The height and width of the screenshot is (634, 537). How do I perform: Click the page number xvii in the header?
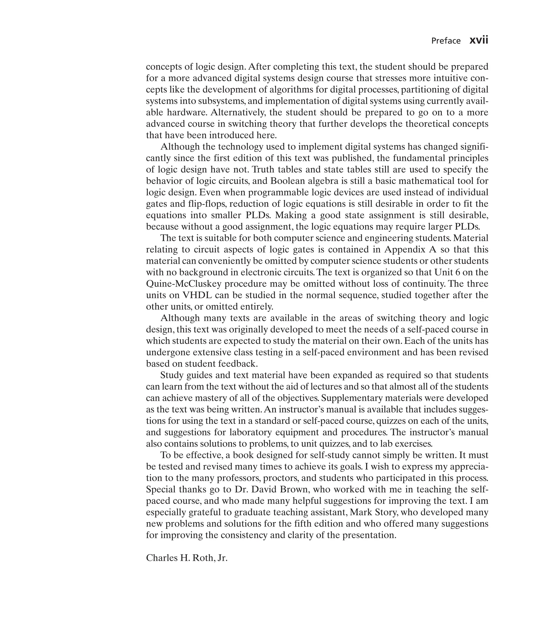(479, 40)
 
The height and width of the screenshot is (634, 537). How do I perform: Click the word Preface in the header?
(446, 41)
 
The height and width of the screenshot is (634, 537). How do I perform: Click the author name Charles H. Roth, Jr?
(187, 558)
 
